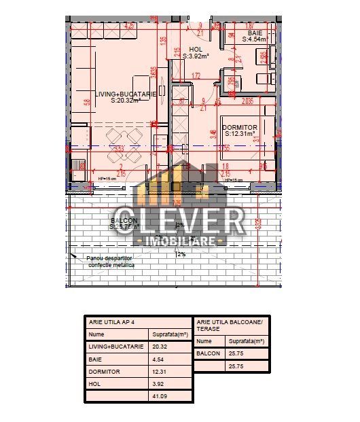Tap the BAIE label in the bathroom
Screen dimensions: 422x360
click(x=255, y=33)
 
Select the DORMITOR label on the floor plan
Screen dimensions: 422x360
click(x=240, y=128)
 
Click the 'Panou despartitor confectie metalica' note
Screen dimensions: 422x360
click(x=111, y=262)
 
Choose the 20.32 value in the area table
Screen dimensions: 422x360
click(x=161, y=347)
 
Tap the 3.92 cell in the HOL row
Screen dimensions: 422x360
click(x=159, y=384)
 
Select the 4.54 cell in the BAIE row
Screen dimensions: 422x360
click(x=159, y=359)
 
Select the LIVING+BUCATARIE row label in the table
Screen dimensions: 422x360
click(x=116, y=347)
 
